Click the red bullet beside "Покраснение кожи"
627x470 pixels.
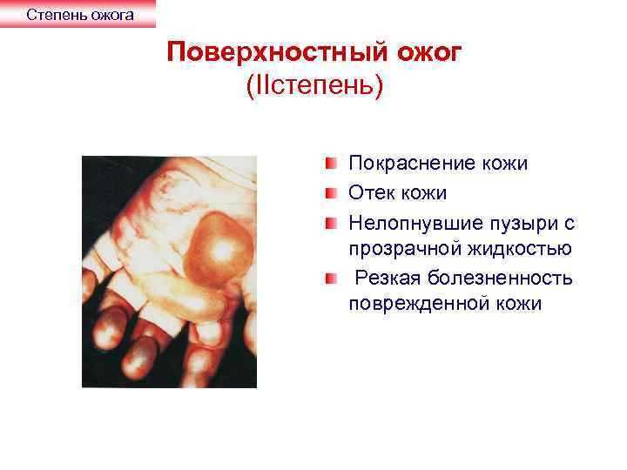[x=333, y=163]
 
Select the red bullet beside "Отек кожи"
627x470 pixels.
[x=333, y=191]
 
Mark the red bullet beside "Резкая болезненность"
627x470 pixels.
[x=333, y=277]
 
